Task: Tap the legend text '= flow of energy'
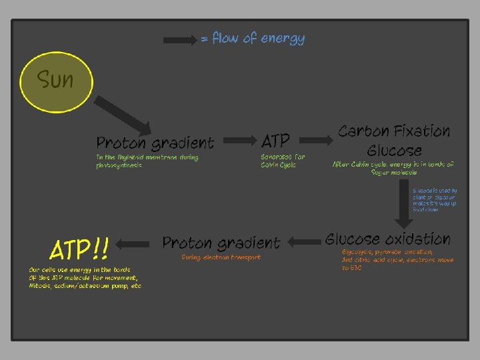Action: [253, 39]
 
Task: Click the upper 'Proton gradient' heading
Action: [155, 143]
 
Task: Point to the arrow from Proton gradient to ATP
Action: [240, 141]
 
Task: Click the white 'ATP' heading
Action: [276, 141]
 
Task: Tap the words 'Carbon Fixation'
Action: [394, 131]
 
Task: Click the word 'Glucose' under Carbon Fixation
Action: [394, 150]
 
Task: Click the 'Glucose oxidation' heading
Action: [388, 239]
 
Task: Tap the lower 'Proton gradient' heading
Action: [221, 243]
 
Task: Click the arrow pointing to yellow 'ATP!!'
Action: [136, 244]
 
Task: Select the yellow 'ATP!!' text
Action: [79, 250]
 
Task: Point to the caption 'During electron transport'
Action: [221, 257]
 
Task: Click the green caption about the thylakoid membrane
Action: [147, 161]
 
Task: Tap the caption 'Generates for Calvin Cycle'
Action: [283, 161]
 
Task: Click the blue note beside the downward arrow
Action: [435, 200]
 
